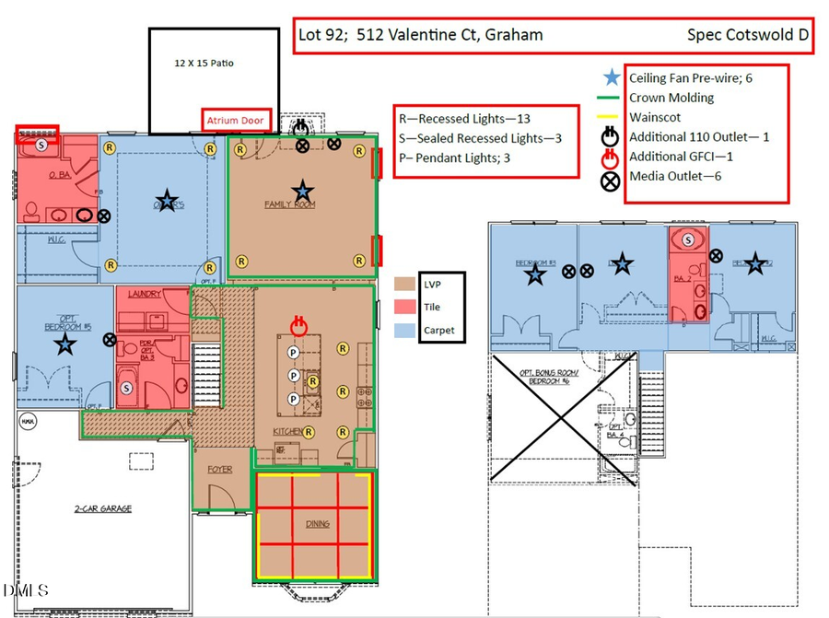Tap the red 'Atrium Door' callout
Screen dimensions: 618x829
[x=235, y=121]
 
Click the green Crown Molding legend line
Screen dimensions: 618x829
[x=611, y=98]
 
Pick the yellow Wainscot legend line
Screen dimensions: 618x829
[x=611, y=117]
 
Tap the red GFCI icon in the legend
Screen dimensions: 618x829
[x=611, y=157]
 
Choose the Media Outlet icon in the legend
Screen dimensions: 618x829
[x=611, y=177]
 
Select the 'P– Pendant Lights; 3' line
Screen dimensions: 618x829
[x=454, y=158]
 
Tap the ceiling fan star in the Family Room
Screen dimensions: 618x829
[x=301, y=190]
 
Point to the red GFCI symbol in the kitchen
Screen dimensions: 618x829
[x=298, y=324]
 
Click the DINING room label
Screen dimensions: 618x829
[x=316, y=523]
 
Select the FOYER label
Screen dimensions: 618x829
[x=219, y=470]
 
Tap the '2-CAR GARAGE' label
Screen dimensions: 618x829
[x=103, y=508]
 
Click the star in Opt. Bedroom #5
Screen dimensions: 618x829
[x=64, y=344]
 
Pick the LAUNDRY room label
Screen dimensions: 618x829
[x=146, y=295]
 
